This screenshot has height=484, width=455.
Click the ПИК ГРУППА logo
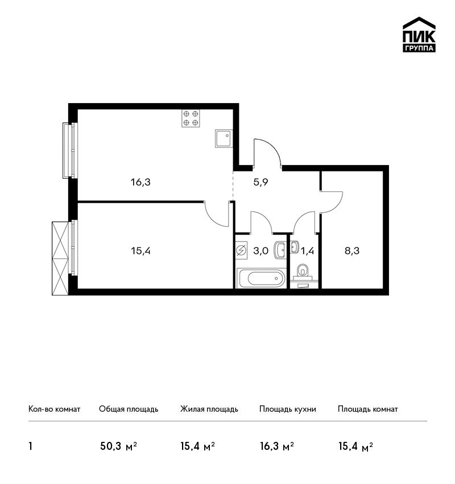[419, 35]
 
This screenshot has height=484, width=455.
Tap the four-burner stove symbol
[191, 118]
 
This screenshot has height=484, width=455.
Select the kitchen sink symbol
[224, 138]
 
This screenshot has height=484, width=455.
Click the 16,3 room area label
[140, 182]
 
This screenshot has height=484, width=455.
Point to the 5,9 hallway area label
[261, 182]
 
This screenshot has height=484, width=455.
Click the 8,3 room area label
[352, 251]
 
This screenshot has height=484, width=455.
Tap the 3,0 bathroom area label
[261, 251]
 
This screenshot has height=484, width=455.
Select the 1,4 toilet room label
[307, 251]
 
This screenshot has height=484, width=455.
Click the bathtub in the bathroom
[261, 278]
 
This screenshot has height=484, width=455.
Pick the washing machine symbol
[241, 251]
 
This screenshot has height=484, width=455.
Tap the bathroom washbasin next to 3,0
[280, 250]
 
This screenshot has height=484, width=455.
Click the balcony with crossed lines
[60, 259]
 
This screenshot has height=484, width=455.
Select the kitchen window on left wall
[70, 150]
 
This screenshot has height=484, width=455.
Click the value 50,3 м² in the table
[119, 446]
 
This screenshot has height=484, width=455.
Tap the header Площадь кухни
[288, 409]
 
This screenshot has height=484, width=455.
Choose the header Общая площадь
[129, 409]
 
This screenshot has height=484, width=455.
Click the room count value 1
[30, 446]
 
